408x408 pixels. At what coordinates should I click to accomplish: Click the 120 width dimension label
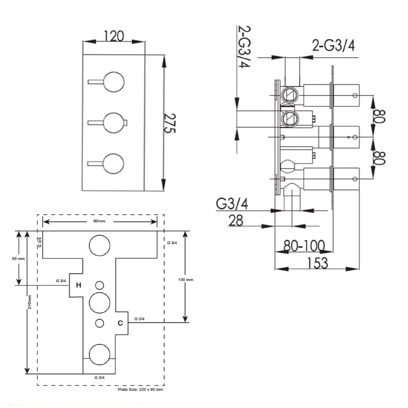point(114,36)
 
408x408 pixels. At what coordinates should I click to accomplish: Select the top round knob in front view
point(113,83)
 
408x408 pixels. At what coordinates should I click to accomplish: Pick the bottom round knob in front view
point(113,164)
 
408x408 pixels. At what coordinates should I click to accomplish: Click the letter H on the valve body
point(79,285)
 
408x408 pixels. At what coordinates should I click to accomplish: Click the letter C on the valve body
point(120,323)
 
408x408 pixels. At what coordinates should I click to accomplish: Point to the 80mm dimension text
point(99,221)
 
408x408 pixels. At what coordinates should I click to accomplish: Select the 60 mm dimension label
point(19,258)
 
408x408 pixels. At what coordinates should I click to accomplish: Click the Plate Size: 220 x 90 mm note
point(140,390)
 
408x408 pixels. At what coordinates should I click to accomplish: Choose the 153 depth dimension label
point(318,263)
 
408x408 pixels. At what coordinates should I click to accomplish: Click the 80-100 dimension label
point(304,246)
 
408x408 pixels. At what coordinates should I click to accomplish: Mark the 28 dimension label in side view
point(236,221)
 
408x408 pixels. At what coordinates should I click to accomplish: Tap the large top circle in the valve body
point(100,245)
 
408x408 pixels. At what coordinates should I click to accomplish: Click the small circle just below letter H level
point(100,285)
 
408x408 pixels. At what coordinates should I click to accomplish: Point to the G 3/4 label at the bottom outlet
point(100,378)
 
